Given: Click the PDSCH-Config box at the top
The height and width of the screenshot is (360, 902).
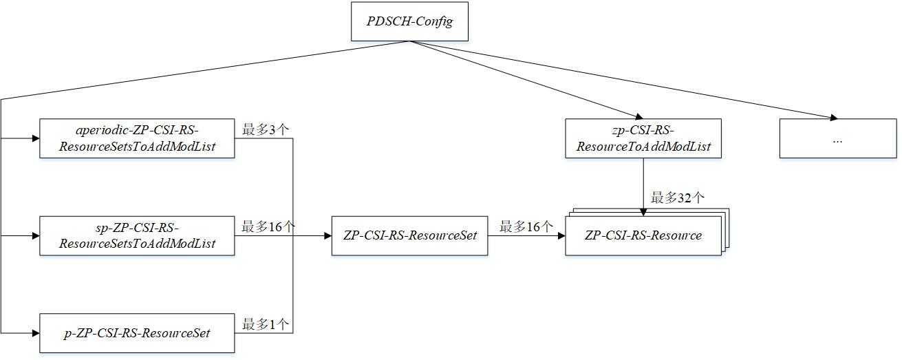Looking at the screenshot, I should [x=410, y=21].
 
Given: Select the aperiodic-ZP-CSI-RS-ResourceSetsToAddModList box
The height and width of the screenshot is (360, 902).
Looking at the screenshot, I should [x=137, y=138].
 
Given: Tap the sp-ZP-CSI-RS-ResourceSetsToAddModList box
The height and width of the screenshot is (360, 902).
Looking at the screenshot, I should [x=137, y=235].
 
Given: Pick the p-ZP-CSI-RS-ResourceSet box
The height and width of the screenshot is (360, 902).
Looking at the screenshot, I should [x=137, y=333].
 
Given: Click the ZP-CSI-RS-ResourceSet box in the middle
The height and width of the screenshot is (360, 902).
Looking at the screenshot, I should [x=409, y=235].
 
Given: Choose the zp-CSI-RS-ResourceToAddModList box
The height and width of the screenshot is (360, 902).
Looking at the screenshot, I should [x=643, y=138].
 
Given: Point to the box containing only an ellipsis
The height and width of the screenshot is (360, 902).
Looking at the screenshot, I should [x=837, y=138].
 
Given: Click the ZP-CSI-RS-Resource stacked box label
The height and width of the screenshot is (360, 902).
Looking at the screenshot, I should [x=643, y=235].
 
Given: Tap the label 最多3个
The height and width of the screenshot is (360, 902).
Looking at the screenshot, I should [x=266, y=128].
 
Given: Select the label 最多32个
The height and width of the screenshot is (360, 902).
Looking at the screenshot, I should [x=678, y=198].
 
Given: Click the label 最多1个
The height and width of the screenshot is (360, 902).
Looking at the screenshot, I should [x=266, y=324].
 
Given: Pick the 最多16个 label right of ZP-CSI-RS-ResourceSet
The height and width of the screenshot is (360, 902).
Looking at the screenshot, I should [x=526, y=226].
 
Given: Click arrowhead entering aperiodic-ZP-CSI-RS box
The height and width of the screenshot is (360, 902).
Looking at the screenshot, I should [x=35, y=138].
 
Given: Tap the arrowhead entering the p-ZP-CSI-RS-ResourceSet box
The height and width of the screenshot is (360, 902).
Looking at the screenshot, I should [x=35, y=333].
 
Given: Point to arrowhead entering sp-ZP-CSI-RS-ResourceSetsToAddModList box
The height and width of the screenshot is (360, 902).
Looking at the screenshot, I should [x=35, y=235].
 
